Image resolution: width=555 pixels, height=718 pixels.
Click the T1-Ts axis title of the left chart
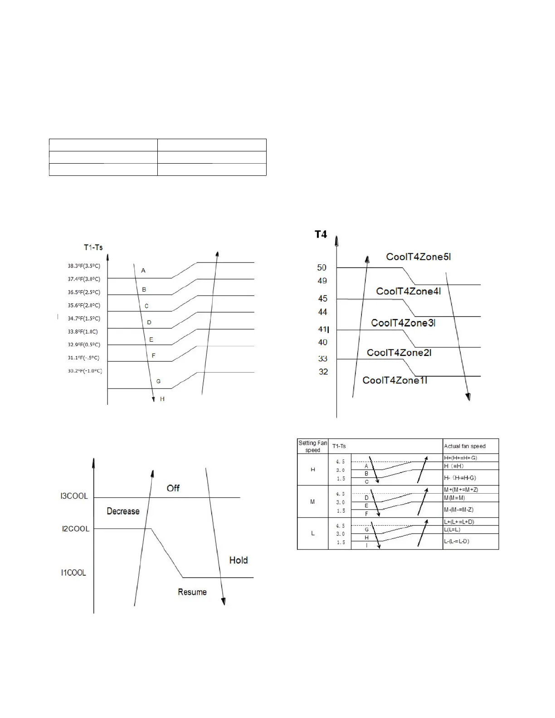pyautogui.click(x=93, y=247)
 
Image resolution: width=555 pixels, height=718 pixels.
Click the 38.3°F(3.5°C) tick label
pyautogui.click(x=84, y=266)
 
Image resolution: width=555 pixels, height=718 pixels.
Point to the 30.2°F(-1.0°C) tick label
pyautogui.click(x=85, y=371)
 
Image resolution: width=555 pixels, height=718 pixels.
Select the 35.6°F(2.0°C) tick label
pyautogui.click(x=84, y=306)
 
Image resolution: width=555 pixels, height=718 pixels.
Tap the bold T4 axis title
pyautogui.click(x=321, y=234)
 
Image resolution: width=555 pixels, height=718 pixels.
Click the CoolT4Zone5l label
pyautogui.click(x=418, y=257)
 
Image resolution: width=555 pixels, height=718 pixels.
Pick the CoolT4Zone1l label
pyautogui.click(x=394, y=380)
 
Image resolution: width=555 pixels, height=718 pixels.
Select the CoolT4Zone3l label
pyautogui.click(x=403, y=323)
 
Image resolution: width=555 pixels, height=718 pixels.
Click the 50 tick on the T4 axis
pyautogui.click(x=322, y=268)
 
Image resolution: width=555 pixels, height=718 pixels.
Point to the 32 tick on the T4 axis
pyautogui.click(x=323, y=372)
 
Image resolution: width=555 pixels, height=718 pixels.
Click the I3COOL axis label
pyautogui.click(x=74, y=496)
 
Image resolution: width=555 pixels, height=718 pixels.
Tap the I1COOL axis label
pyautogui.click(x=73, y=573)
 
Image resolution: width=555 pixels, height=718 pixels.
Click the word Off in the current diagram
pyautogui.click(x=173, y=488)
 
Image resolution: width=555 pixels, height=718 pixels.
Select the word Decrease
pyautogui.click(x=123, y=511)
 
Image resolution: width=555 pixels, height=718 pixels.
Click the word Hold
pyautogui.click(x=239, y=560)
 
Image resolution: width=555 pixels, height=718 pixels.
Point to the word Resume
pyautogui.click(x=192, y=592)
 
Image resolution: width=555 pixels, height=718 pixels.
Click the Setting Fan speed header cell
pyautogui.click(x=312, y=446)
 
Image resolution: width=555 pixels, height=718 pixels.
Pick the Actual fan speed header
pyautogui.click(x=465, y=446)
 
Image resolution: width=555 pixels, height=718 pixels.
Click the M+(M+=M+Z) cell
pyautogui.click(x=461, y=490)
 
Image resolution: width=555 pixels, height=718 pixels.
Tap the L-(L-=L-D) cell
pyautogui.click(x=457, y=541)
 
